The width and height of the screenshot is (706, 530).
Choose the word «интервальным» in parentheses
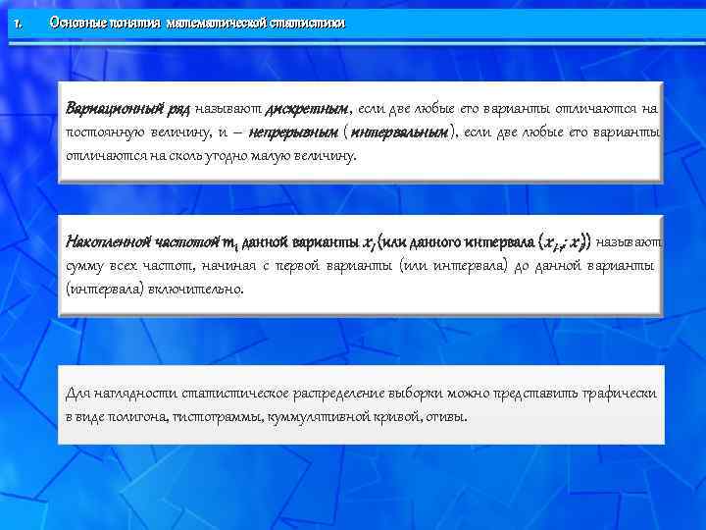coord(398,132)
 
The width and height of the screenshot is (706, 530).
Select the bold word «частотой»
coord(189,241)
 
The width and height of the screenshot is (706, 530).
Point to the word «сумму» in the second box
coord(85,266)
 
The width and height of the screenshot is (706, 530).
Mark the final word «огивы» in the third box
coord(447,416)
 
